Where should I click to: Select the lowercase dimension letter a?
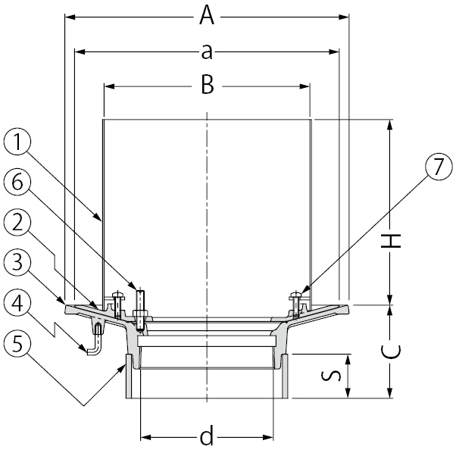[206, 51]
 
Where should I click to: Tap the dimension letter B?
[206, 86]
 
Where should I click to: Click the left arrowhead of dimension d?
[145, 437]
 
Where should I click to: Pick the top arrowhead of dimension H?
[389, 123]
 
